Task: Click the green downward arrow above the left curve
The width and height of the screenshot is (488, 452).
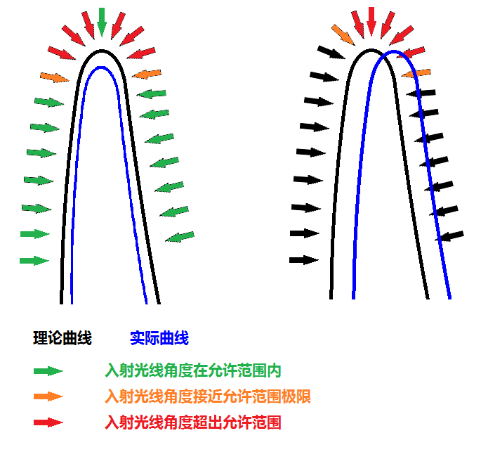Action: click(x=102, y=21)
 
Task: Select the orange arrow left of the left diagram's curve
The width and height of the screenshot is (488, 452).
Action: click(x=55, y=77)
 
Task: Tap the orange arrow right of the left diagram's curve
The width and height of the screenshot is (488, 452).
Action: click(x=147, y=73)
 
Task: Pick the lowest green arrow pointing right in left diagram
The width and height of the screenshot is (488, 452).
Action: click(x=34, y=261)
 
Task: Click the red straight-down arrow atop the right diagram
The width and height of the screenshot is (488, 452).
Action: click(x=371, y=21)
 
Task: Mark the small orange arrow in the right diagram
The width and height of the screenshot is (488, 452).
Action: click(x=416, y=72)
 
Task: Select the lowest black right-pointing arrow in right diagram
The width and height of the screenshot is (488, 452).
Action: click(x=303, y=260)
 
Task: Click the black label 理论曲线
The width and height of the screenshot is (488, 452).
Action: click(x=62, y=338)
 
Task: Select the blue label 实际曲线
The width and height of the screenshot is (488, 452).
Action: click(x=159, y=338)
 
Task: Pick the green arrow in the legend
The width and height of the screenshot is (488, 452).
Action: click(x=48, y=371)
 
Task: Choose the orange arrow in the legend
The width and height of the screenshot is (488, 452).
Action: click(x=48, y=397)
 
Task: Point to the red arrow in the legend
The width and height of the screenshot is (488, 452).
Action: click(x=48, y=422)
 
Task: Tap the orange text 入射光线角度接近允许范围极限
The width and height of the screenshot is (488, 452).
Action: click(x=208, y=396)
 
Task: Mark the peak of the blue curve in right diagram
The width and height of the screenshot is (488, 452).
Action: click(x=395, y=52)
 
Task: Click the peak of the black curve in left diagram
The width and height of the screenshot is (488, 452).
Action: click(x=102, y=51)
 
